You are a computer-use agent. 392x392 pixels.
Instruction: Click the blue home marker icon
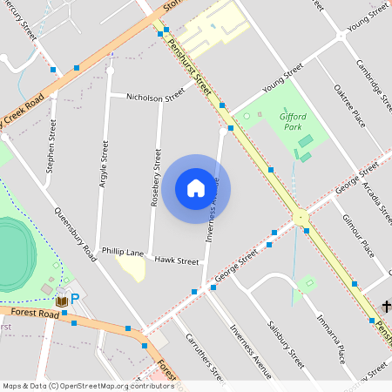point(196,188)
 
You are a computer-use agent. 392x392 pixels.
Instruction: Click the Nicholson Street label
point(156,98)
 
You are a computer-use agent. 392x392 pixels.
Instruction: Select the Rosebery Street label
point(157,176)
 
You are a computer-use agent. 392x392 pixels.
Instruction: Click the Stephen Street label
point(52,141)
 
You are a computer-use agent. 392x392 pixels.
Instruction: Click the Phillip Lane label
point(123,252)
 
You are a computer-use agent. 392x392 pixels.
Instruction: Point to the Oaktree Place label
point(349,105)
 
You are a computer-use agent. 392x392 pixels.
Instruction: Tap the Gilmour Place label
point(358,235)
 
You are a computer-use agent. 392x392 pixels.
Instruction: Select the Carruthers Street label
point(206,357)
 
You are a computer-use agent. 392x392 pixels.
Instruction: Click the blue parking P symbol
point(75,299)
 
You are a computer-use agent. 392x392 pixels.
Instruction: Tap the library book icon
point(62,301)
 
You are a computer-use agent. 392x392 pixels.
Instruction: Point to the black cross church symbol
point(386,306)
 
